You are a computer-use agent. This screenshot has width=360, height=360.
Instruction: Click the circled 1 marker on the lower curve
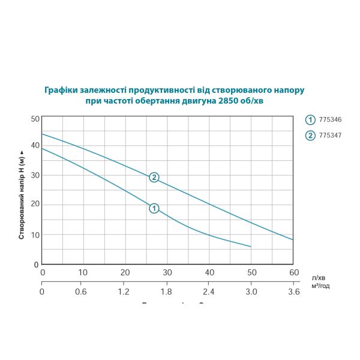tap(154, 208)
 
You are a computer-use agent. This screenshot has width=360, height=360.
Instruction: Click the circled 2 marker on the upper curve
tap(154, 177)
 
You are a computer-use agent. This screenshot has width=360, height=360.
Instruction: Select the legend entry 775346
tap(329, 119)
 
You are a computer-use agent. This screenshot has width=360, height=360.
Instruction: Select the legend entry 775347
tap(329, 135)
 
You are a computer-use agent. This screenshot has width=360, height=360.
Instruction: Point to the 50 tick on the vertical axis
tap(35, 119)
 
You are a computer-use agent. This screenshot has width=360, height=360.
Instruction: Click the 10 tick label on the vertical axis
tap(35, 234)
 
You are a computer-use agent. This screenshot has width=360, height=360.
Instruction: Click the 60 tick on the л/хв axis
tap(293, 272)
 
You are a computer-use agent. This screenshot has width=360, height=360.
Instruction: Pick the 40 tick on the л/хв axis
tap(209, 272)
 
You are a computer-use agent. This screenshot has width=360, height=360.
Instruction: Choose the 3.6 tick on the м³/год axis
tap(293, 292)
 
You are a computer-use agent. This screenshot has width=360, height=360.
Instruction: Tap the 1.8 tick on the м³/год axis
tap(167, 292)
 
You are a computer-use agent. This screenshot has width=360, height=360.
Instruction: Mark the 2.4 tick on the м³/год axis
tap(209, 292)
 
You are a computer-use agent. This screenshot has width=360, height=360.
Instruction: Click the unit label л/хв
tap(319, 277)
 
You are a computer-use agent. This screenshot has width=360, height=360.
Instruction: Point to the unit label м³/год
tap(321, 286)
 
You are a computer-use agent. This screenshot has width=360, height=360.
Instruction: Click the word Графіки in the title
tap(61, 90)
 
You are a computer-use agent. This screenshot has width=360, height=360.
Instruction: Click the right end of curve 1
tap(251, 247)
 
